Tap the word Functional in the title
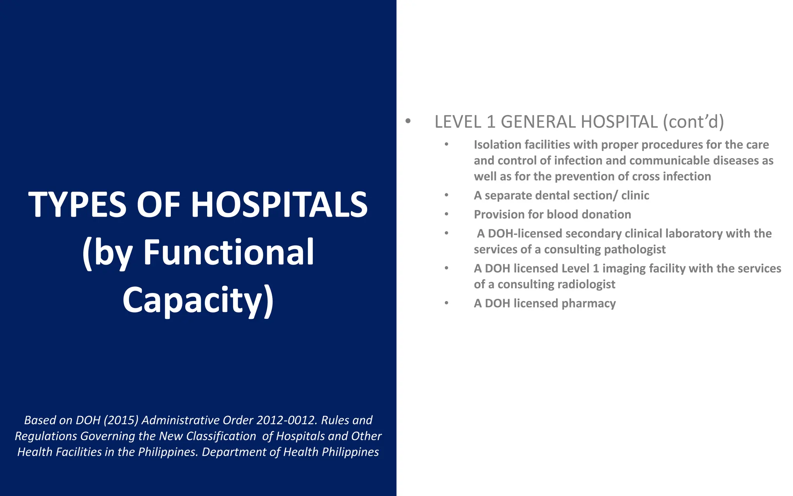(x=228, y=253)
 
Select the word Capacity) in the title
(x=198, y=301)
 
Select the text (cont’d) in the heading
(x=693, y=122)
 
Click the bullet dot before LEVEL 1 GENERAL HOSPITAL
(x=408, y=121)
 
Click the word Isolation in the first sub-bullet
(x=497, y=145)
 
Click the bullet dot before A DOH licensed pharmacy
(x=446, y=303)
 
